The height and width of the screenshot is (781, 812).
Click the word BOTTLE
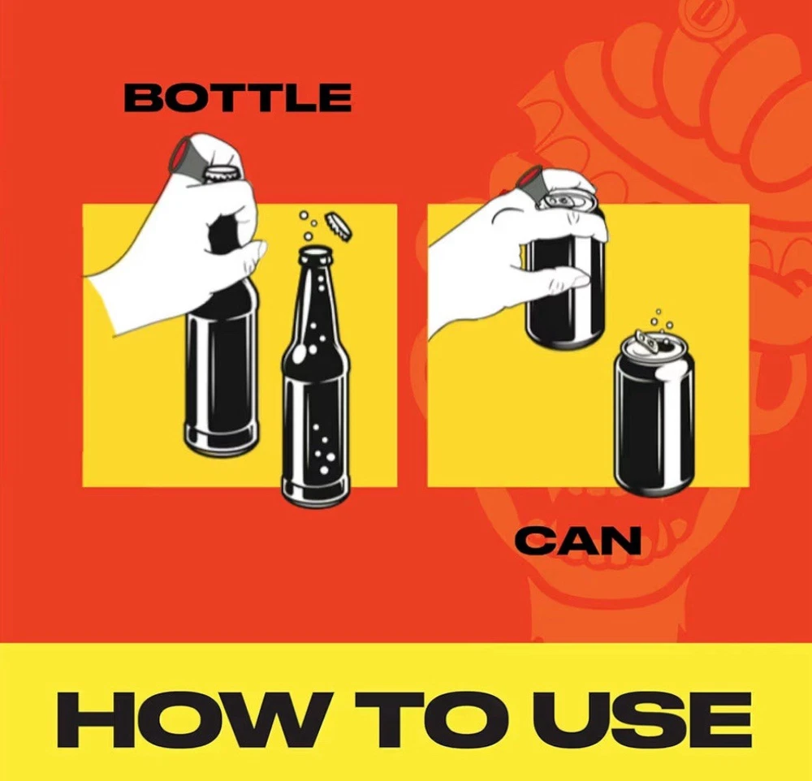tap(238, 97)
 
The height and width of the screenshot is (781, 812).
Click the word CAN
tap(578, 541)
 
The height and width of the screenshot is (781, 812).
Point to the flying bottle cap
tap(339, 226)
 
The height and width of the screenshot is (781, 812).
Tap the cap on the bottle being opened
tap(222, 175)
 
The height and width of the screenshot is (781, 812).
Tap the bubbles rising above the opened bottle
tap(309, 227)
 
